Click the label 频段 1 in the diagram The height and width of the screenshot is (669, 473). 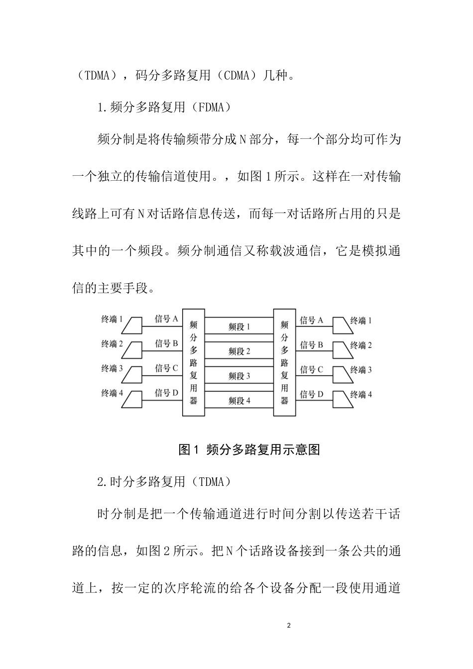239,327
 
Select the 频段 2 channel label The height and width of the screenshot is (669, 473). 239,351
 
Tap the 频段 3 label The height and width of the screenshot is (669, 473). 239,376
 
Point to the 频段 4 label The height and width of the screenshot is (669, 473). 239,400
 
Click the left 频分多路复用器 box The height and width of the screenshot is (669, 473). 194,362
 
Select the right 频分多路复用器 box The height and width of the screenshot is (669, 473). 284,362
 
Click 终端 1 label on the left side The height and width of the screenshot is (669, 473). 112,319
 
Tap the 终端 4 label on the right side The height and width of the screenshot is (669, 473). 361,395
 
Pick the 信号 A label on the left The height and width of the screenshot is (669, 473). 166,319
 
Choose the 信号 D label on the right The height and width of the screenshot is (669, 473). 312,395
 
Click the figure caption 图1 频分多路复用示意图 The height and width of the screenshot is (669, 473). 248,449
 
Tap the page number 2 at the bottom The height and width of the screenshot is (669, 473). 289,625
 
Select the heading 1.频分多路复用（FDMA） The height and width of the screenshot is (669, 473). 164,107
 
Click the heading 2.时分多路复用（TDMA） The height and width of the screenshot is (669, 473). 164,481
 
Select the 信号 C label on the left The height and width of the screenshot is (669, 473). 166,368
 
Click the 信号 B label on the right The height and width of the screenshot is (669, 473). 312,345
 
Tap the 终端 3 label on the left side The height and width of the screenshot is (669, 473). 112,368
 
